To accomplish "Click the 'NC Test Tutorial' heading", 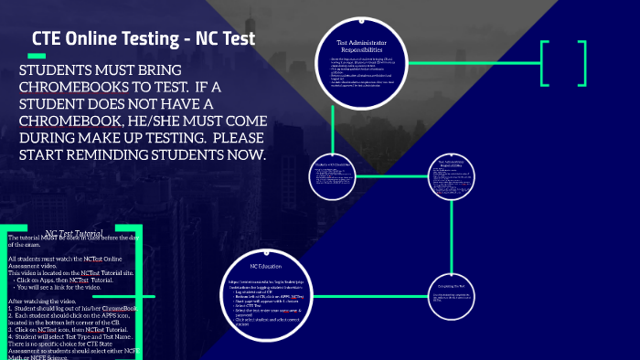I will coord(80,234).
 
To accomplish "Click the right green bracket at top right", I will coord(581,64).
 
